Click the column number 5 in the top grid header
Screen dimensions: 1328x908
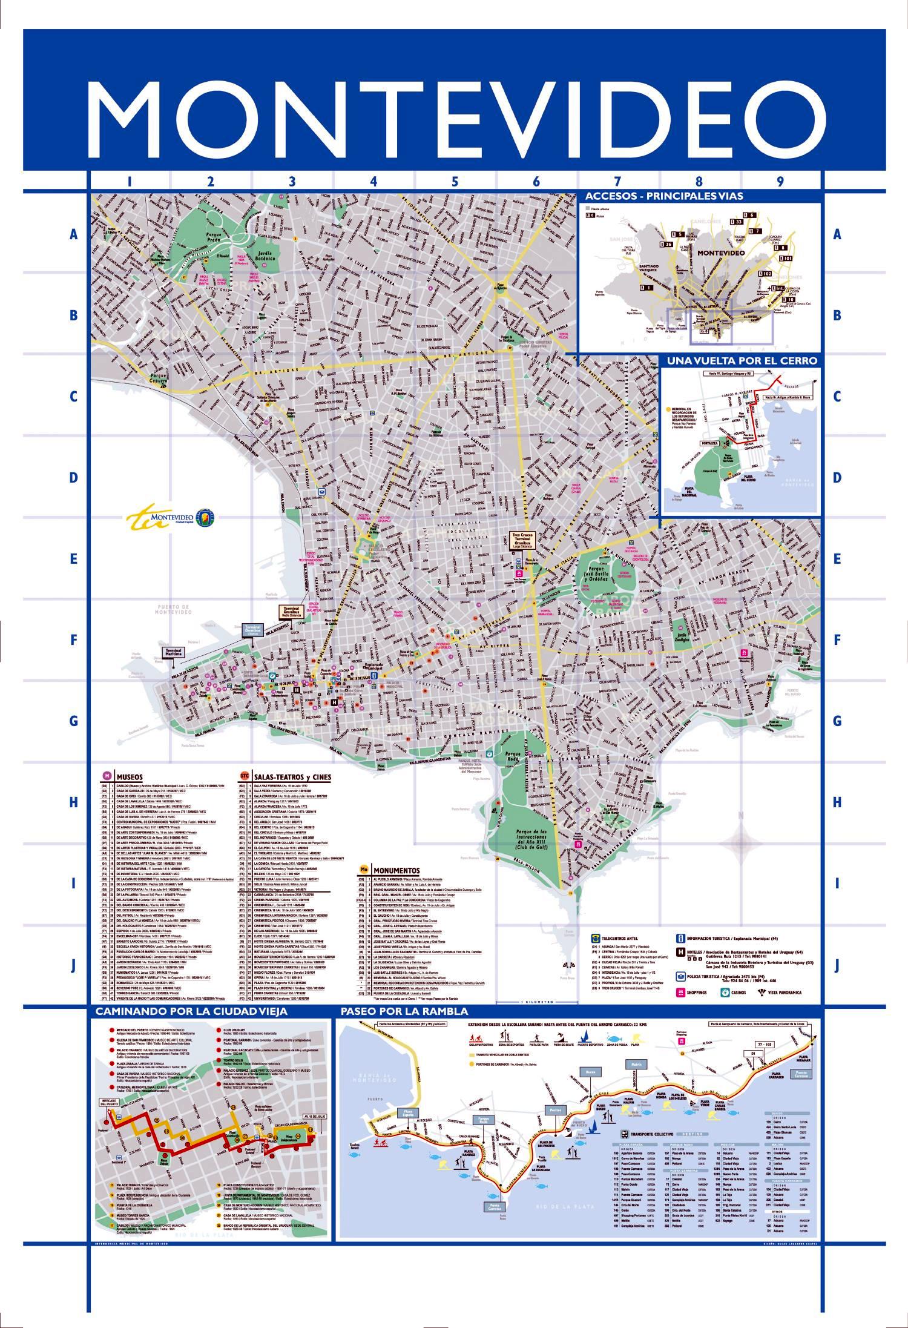coord(455,181)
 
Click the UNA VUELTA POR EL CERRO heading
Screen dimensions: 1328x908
coord(742,360)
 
